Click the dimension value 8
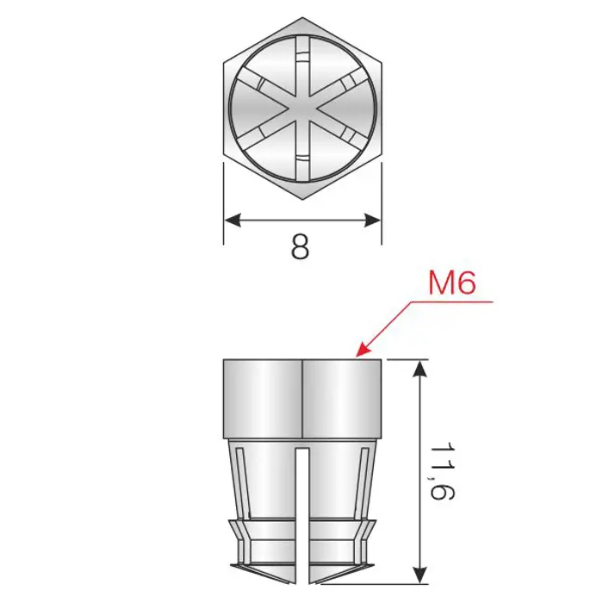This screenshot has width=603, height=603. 300,246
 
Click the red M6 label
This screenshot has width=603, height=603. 452,283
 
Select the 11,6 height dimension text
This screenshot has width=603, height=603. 442,471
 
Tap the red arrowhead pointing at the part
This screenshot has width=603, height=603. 363,349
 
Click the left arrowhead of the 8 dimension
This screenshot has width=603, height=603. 233,221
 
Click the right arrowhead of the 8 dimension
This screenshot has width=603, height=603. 373,221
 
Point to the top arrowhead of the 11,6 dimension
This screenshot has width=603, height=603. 421,369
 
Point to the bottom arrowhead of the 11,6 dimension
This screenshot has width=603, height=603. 421,575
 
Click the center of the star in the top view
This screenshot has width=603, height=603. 302,109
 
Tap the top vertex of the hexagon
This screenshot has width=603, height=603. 302,17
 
